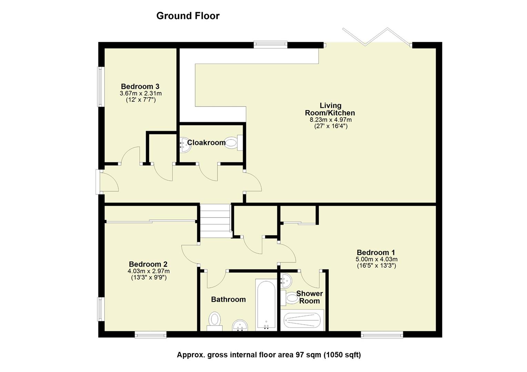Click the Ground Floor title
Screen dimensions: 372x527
click(188, 16)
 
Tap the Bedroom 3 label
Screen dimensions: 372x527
click(140, 86)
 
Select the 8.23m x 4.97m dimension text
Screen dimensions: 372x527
click(330, 120)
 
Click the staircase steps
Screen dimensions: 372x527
click(215, 220)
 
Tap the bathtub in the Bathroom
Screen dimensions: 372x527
click(266, 304)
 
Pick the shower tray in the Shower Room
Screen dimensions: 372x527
click(302, 320)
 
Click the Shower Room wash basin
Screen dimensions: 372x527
click(286, 281)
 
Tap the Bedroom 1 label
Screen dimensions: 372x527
click(376, 252)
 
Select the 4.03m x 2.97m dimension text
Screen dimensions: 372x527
click(148, 271)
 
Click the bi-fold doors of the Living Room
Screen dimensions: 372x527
click(377, 37)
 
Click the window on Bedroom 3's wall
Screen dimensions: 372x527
click(100, 86)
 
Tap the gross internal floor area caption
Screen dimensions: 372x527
click(269, 355)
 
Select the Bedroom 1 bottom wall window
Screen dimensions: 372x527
click(382, 334)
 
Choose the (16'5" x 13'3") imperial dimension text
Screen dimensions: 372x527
click(376, 266)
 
